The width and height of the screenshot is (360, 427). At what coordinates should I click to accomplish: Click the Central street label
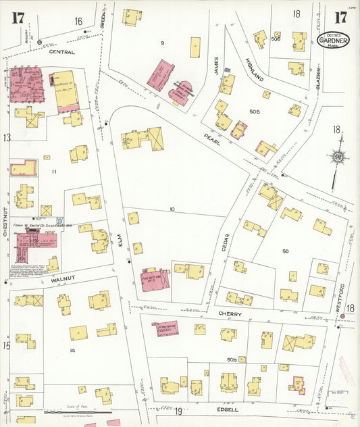(x=62, y=51)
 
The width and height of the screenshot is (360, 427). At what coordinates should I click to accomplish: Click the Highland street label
(x=252, y=69)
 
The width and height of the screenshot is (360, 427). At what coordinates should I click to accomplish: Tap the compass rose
(x=336, y=157)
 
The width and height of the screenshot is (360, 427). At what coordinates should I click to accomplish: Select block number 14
(x=71, y=350)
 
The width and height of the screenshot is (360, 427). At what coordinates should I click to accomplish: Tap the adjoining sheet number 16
(x=78, y=22)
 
